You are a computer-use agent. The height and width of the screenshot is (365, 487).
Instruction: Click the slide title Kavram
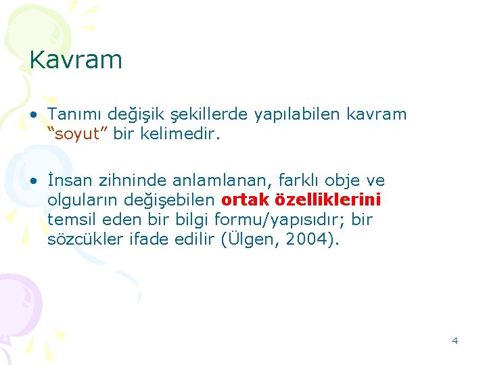point(76,60)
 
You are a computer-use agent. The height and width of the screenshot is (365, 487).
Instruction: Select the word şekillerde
point(210,114)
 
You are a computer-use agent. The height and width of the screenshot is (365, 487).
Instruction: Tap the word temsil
point(70,220)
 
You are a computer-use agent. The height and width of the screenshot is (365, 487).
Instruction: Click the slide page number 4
point(455,341)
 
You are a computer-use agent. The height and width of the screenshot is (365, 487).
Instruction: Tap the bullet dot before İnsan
point(33,181)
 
